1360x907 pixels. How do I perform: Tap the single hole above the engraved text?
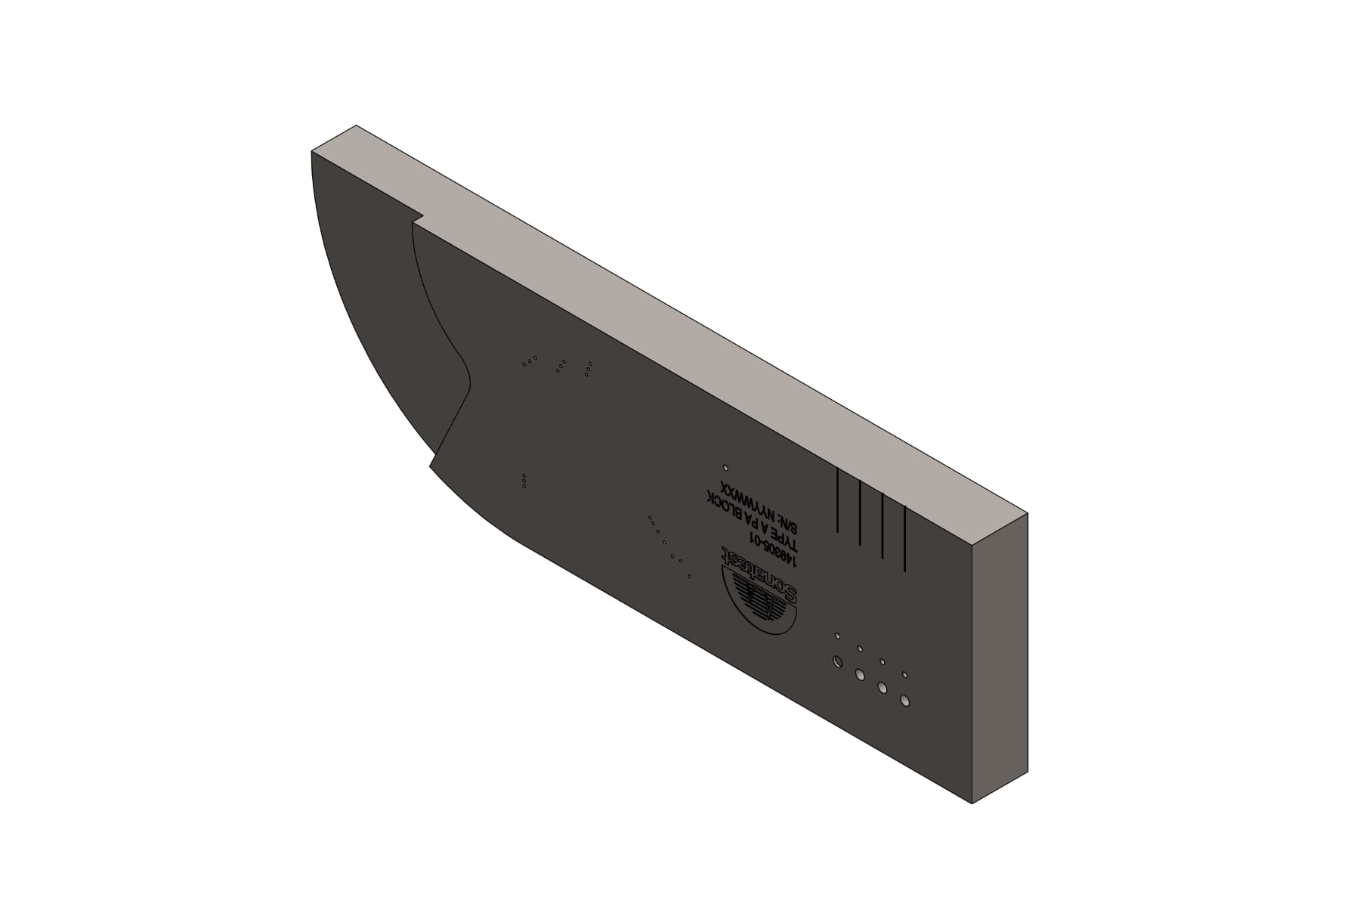tap(726, 468)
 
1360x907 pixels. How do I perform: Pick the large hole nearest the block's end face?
tap(904, 701)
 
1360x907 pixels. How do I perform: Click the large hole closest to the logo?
tap(837, 662)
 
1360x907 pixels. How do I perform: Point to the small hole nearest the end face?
tap(904, 674)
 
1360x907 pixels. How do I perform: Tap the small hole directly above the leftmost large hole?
tap(837, 636)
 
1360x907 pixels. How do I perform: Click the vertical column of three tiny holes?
tap(524, 481)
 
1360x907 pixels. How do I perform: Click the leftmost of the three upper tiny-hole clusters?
tap(529, 361)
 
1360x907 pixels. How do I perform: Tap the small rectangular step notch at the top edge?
tap(417, 219)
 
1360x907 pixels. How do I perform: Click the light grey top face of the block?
tap(680, 317)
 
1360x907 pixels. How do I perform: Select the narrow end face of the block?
tap(999, 658)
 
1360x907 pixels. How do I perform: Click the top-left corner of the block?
tap(312, 152)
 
